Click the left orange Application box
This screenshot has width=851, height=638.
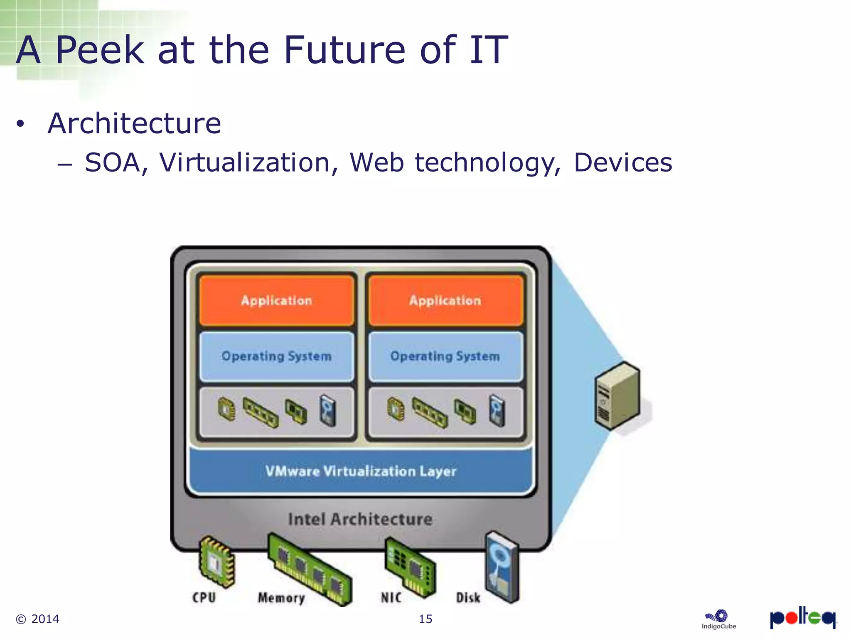(276, 300)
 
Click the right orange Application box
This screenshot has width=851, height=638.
(445, 300)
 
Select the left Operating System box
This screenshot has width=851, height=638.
(276, 356)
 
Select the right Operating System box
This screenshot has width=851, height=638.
(445, 356)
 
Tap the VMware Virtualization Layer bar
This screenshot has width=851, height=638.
(361, 471)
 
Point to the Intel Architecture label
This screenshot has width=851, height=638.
(360, 519)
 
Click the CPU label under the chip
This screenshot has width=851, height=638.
(204, 597)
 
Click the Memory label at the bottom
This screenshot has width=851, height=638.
(281, 598)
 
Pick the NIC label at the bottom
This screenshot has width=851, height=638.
(391, 598)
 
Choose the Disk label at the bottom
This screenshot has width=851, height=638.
(468, 598)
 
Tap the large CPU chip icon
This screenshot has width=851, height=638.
(216, 562)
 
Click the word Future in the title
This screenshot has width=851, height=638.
(344, 50)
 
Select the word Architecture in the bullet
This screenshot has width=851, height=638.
(134, 123)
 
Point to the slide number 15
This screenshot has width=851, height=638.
(425, 619)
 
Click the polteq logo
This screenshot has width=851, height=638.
(802, 618)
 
